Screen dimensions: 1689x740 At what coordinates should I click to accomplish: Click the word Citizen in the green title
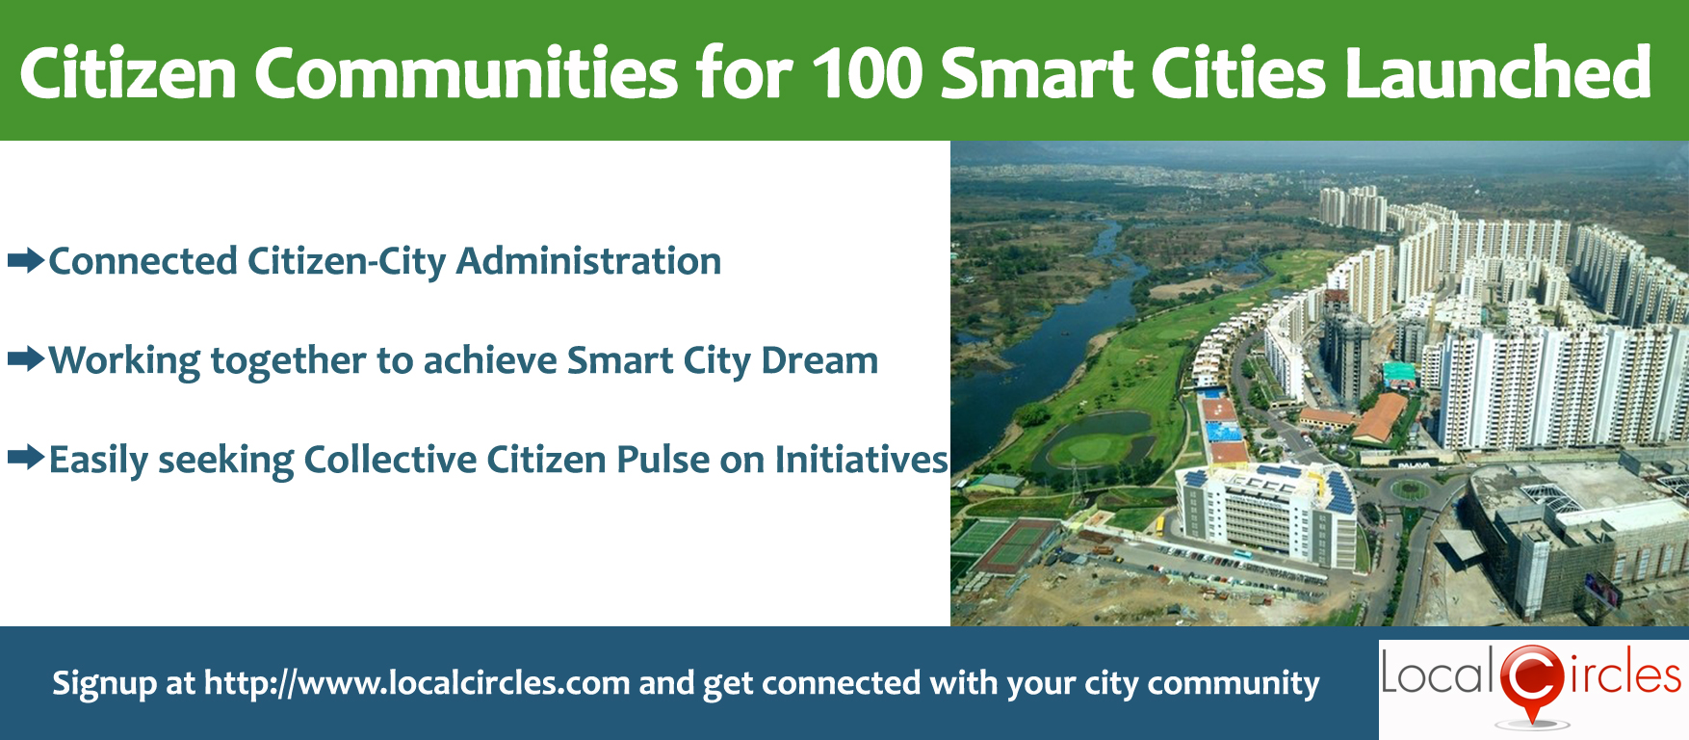pos(128,73)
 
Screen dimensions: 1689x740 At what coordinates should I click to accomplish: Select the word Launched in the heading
pos(1498,72)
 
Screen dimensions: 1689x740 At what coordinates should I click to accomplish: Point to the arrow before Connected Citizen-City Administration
pos(26,260)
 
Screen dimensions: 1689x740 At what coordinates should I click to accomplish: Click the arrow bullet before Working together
pos(26,359)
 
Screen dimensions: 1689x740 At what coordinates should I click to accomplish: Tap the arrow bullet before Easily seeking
pos(26,458)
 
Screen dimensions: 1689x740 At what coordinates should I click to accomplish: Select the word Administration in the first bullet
pos(588,261)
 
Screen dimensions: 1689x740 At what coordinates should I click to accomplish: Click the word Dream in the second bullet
pos(819,360)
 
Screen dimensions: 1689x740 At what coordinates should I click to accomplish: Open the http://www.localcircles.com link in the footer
pos(417,683)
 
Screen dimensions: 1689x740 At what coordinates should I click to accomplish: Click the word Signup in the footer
pos(105,684)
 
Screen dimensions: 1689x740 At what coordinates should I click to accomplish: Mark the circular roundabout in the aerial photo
pos(1409,489)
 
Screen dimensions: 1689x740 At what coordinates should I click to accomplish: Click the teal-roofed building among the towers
pos(1400,373)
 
